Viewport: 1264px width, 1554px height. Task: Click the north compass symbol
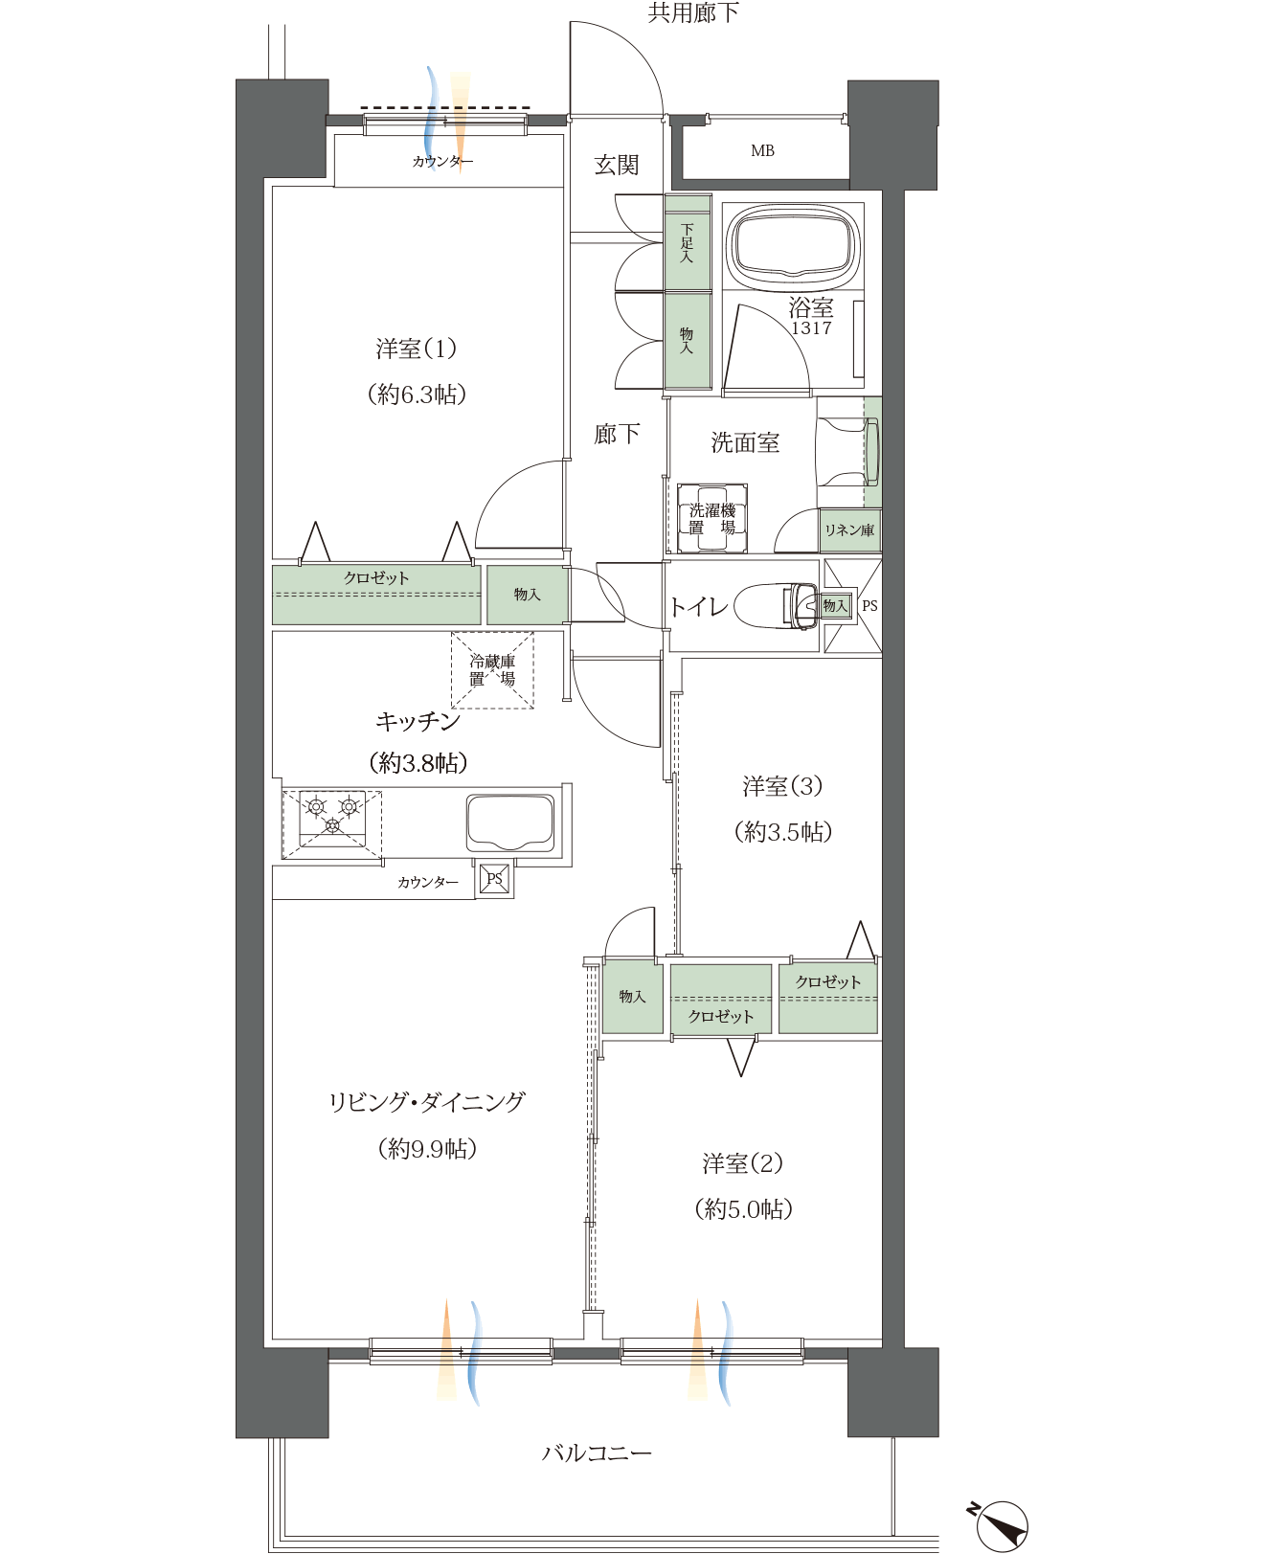[1000, 1525]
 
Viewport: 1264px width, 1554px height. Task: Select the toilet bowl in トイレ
[776, 605]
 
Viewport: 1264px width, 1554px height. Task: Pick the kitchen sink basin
[509, 822]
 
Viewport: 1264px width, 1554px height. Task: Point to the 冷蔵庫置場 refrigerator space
[492, 669]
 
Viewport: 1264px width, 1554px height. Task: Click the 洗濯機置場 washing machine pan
[711, 518]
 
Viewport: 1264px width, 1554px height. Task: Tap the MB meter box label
[762, 150]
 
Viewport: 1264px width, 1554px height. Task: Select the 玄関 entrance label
[617, 165]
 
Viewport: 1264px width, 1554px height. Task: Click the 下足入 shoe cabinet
[688, 243]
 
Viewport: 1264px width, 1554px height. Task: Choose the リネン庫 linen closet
[849, 529]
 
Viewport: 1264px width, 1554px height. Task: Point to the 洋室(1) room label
[416, 349]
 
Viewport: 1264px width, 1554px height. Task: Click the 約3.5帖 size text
[782, 831]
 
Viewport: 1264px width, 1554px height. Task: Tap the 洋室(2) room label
[742, 1163]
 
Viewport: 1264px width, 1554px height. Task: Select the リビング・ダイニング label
[427, 1101]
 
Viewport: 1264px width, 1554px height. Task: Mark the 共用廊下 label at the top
[693, 12]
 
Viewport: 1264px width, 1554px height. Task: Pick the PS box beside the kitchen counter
[494, 878]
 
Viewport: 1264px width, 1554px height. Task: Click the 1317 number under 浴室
[811, 327]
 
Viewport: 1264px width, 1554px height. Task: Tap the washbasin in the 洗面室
[847, 452]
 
